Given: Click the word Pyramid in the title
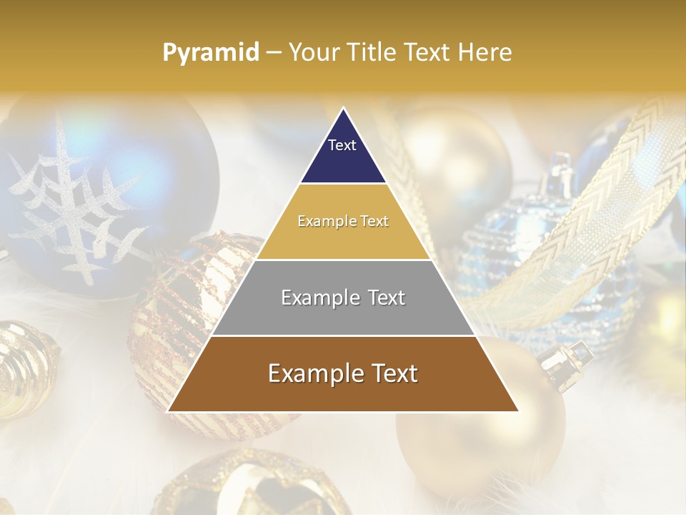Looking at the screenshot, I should [211, 53].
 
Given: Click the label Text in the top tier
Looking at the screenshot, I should [342, 145].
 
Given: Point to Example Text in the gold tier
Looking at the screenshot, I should [343, 222].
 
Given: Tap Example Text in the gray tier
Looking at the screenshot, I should [343, 298].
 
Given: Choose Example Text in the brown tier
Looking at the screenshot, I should [343, 373].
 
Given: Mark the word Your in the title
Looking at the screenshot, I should [312, 52].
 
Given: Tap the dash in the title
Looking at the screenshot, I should [274, 53].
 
